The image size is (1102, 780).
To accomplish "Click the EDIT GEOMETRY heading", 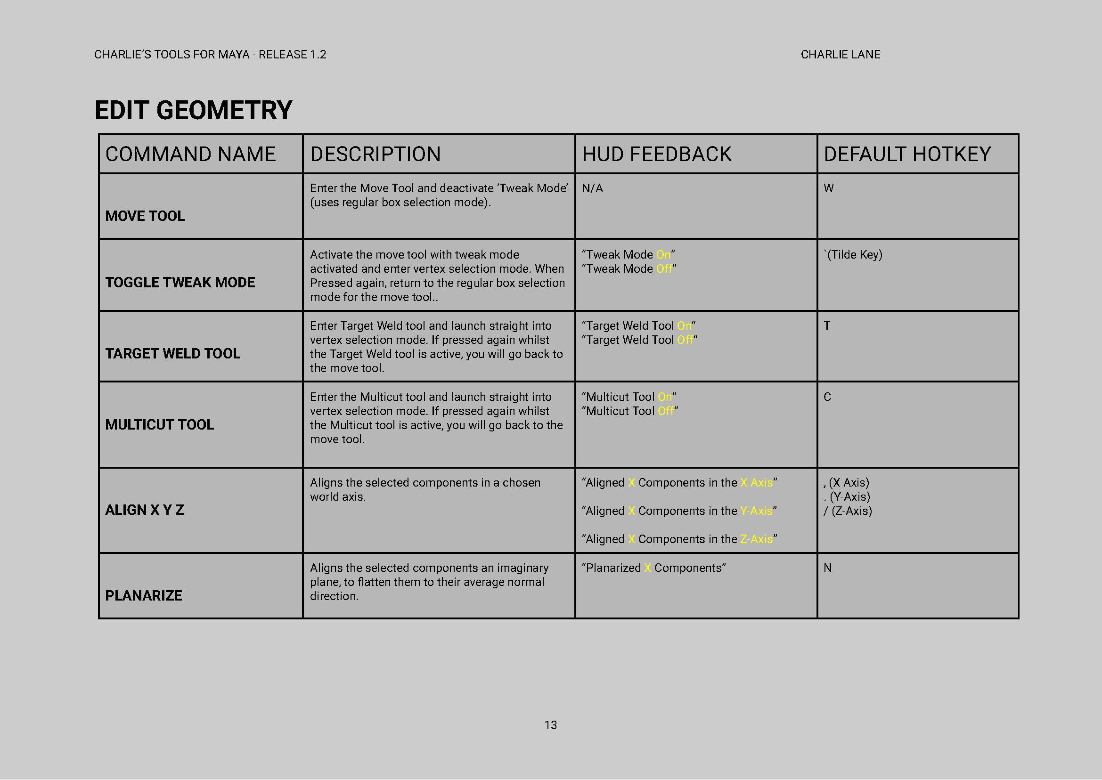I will tap(193, 110).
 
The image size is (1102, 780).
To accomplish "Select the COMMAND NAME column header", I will tap(191, 154).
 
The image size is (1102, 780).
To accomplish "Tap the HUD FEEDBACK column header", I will tap(656, 154).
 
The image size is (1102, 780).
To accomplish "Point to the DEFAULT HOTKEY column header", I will tap(907, 154).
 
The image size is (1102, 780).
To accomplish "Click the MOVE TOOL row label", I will tap(145, 216).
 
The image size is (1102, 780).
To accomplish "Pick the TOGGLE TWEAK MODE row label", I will tap(180, 283).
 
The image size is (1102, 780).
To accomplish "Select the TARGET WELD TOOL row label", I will tap(172, 354).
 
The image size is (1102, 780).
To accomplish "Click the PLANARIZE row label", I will tap(143, 595).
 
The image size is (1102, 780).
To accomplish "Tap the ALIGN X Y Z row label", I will tap(144, 510).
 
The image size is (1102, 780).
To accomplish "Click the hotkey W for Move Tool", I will tap(829, 188).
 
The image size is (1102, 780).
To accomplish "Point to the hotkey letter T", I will tap(827, 325).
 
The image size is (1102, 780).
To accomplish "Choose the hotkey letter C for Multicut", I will tap(827, 397).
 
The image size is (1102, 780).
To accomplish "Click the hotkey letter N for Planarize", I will tap(827, 568).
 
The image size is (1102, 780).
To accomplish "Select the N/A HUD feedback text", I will tap(592, 188).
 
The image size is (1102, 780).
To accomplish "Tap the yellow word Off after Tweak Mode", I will tap(664, 269).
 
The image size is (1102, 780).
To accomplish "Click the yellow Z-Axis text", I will tap(756, 539).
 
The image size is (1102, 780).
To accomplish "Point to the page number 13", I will tap(550, 725).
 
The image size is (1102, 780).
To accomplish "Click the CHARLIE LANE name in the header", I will tap(840, 55).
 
